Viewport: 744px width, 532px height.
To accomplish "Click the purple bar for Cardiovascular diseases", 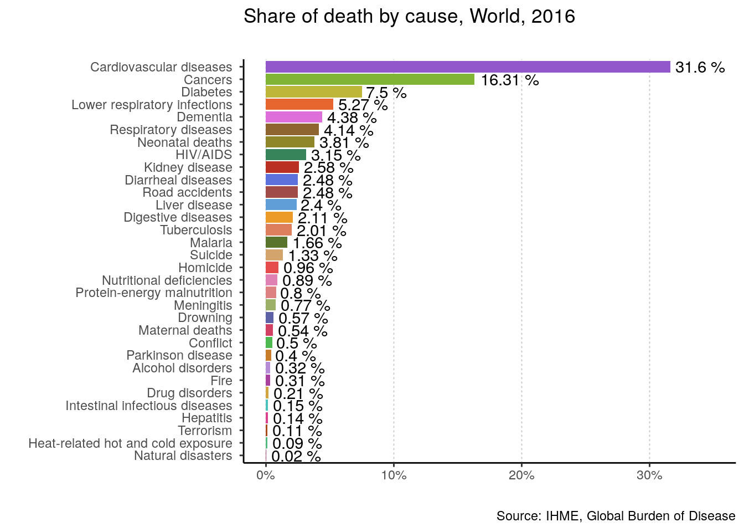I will tap(468, 67).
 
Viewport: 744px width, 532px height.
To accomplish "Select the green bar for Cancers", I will tap(370, 79).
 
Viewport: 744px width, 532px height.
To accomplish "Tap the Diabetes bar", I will tap(313, 92).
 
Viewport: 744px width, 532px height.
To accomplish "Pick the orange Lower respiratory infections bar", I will tap(299, 104).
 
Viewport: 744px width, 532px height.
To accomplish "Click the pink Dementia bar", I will tap(293, 117).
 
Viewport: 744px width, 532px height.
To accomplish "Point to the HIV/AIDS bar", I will tap(286, 155).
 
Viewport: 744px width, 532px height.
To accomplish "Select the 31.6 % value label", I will tap(700, 68).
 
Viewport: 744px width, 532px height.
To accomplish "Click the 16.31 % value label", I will tap(509, 80).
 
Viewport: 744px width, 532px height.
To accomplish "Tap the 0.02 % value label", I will tap(296, 457).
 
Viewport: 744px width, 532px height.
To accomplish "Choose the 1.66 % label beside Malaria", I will tap(317, 243).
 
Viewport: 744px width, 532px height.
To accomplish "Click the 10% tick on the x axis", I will tap(394, 475).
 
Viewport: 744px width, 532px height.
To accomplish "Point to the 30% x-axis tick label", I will tap(649, 475).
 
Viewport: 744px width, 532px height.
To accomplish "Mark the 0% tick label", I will tap(266, 475).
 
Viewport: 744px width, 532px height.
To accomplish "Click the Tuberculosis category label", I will tap(196, 230).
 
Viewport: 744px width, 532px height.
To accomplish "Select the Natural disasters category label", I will tap(183, 456).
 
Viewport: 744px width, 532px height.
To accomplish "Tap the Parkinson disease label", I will tap(179, 355).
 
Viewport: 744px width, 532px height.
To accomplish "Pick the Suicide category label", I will tap(211, 255).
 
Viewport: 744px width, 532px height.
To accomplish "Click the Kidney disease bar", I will tap(282, 167).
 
